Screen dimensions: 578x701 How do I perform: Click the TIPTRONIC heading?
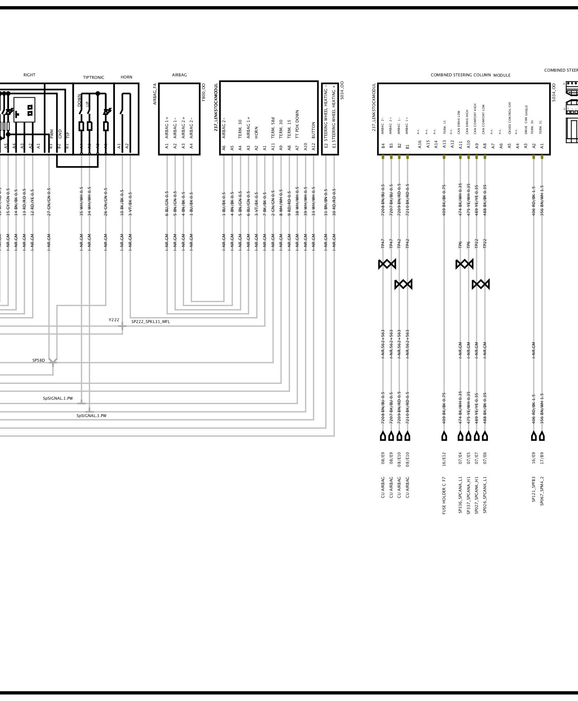tap(94, 77)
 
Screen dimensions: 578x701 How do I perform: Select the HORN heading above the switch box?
tap(127, 77)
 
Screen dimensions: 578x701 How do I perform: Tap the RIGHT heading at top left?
tap(29, 75)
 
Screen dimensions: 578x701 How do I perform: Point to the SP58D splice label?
tap(39, 360)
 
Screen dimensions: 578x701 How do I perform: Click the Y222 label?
tap(114, 320)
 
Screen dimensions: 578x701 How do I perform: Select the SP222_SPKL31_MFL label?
tap(150, 321)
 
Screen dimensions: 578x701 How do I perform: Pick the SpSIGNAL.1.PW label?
tap(58, 398)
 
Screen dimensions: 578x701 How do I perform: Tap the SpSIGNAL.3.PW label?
tap(91, 416)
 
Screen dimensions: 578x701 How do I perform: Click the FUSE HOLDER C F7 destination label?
tap(444, 495)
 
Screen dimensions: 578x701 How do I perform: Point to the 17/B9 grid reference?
tap(542, 458)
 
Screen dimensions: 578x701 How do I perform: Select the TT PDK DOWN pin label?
tap(297, 124)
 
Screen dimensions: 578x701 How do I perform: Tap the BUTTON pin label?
tap(314, 130)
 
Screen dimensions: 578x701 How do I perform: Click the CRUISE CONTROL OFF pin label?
tap(510, 118)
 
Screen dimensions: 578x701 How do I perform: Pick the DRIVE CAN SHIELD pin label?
tap(526, 120)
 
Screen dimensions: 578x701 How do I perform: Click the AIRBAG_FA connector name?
tap(155, 94)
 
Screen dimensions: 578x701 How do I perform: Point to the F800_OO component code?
tap(204, 92)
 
